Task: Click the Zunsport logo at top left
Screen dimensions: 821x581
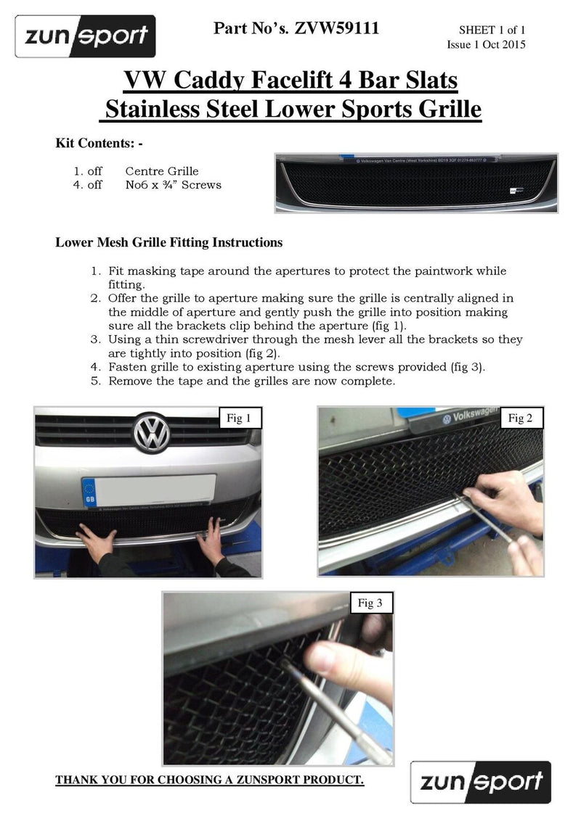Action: tap(86, 36)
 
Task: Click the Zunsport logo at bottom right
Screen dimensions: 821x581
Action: tap(480, 781)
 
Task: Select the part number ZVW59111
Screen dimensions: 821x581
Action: tap(337, 29)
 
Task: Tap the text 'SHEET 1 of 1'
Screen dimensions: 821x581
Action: tap(492, 30)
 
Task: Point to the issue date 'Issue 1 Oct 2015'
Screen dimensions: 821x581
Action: tap(486, 44)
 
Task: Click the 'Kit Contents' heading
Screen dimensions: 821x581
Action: tap(99, 143)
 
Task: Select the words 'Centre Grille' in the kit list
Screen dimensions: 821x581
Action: tap(162, 171)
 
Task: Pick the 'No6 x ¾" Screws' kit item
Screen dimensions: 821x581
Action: tap(173, 185)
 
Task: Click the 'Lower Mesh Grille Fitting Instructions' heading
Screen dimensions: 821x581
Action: tap(168, 242)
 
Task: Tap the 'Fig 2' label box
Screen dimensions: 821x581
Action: tap(520, 418)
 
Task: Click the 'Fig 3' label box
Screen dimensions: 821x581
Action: tap(370, 603)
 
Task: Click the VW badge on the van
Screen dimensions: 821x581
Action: tap(151, 433)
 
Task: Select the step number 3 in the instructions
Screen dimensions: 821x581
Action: tap(94, 339)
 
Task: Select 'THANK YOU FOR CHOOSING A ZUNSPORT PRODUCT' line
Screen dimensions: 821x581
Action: tap(210, 780)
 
